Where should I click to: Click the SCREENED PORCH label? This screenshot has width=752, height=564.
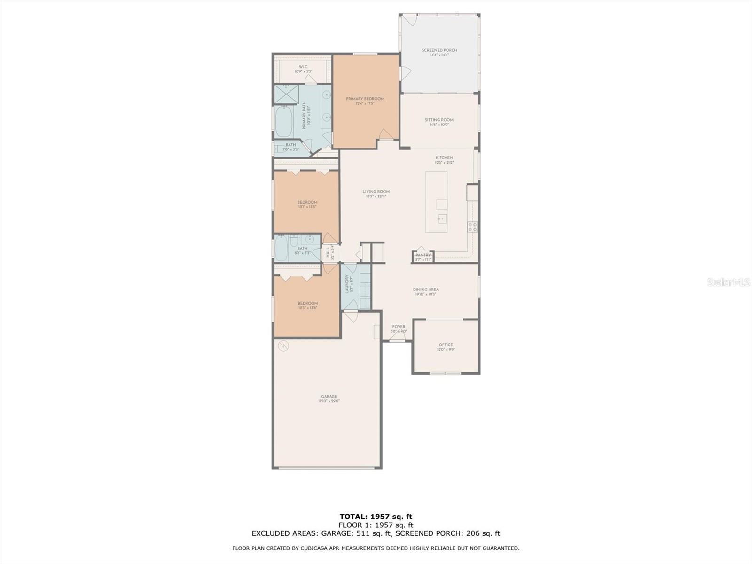coord(439,50)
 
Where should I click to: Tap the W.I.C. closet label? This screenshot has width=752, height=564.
coord(303,67)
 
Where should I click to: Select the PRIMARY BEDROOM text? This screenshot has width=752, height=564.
coord(365,99)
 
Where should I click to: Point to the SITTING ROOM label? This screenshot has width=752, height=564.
coord(439,120)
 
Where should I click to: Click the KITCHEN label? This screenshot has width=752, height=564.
coord(444,158)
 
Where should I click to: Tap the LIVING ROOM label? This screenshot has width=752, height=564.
coord(376,192)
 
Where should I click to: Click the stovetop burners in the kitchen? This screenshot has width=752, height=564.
coord(472,227)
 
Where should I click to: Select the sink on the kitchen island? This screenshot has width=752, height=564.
coord(441,218)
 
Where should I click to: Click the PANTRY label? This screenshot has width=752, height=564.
coord(423,255)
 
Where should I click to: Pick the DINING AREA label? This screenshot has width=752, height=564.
coord(425,290)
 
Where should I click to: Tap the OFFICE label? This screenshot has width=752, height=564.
coord(446,345)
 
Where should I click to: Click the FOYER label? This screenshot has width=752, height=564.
coord(399,327)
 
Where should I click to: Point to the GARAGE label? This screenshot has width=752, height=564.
coord(329,397)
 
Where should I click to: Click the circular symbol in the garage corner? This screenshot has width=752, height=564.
coord(283,346)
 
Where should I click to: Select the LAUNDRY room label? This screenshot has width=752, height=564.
coord(347,284)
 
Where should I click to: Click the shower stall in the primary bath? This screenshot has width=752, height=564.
coord(287,94)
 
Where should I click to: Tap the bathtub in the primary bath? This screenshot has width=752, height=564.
coord(283,122)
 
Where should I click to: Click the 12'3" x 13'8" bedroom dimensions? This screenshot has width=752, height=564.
coord(307,308)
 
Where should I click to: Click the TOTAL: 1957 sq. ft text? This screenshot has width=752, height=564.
coord(376,517)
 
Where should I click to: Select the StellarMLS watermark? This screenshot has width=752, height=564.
coord(728,282)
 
